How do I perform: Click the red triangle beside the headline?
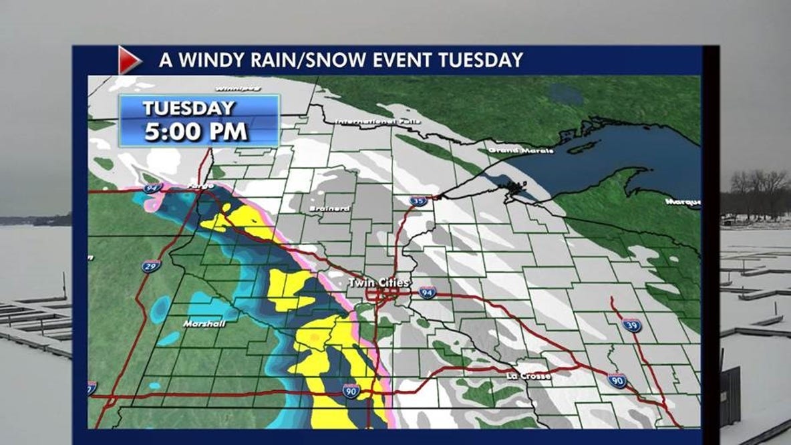(128, 60)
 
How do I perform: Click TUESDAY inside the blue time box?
(188, 108)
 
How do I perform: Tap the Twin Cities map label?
(378, 283)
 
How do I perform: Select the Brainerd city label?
(329, 208)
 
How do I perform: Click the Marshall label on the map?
(204, 323)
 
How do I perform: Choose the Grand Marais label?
(521, 151)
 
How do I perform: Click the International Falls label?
(371, 122)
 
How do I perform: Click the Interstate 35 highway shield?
(418, 200)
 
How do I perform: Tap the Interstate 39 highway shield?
(631, 325)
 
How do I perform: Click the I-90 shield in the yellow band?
(351, 390)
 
